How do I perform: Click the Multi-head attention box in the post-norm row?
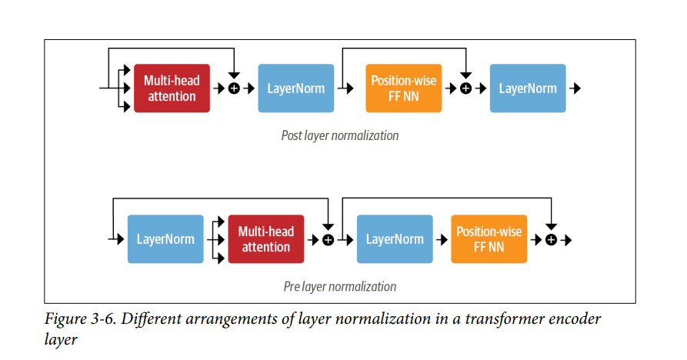(172, 88)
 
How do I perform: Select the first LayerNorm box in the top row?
(295, 88)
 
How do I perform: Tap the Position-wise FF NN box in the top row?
(404, 88)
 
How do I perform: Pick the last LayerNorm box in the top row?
(528, 88)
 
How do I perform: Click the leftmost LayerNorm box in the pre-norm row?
(165, 238)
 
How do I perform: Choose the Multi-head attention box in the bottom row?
(266, 238)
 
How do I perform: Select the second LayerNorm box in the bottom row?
(395, 238)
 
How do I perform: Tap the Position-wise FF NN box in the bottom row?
(489, 238)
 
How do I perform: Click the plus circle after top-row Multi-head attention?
(235, 88)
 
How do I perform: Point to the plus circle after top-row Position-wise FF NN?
(465, 88)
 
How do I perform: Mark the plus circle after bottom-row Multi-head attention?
(328, 240)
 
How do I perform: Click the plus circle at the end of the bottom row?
(551, 240)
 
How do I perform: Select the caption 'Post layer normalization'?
(340, 135)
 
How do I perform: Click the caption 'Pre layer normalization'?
(340, 286)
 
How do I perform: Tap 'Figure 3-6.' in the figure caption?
(80, 318)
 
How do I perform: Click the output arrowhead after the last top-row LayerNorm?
(577, 88)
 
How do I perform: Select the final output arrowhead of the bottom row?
(569, 240)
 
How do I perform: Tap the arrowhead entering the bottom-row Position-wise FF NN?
(444, 239)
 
